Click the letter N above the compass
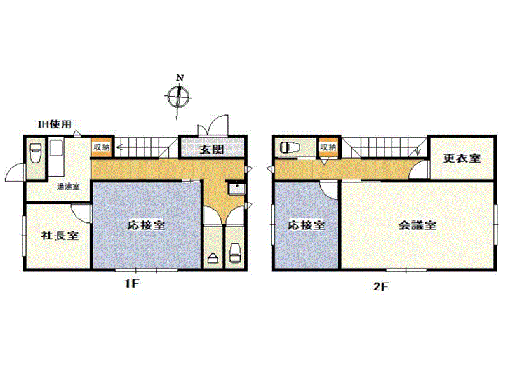(180, 77)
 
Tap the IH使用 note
(55, 124)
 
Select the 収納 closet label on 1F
(102, 147)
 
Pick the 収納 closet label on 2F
(328, 147)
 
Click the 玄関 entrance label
(211, 150)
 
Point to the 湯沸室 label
(69, 187)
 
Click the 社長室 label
(60, 235)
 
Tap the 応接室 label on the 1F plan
(147, 225)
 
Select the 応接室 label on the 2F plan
(307, 225)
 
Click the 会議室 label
(417, 225)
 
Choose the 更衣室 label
(462, 158)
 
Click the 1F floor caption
(132, 284)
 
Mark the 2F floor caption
(380, 286)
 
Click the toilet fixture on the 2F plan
(290, 148)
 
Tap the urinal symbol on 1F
(213, 258)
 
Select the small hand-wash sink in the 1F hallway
(237, 189)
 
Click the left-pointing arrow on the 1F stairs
(119, 148)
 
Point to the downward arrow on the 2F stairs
(418, 151)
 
